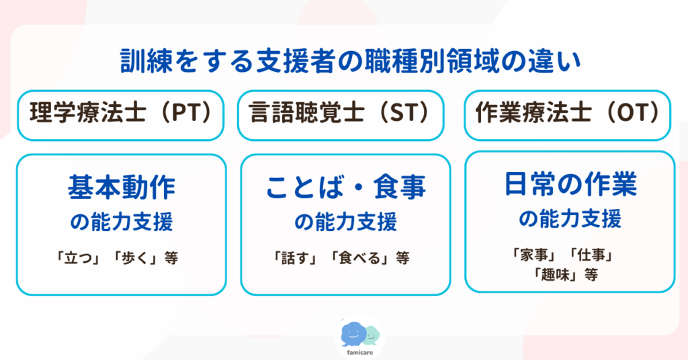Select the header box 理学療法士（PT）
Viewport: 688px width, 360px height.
(x=121, y=115)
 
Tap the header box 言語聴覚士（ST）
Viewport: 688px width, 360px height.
(x=344, y=115)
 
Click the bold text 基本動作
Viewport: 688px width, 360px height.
(x=121, y=188)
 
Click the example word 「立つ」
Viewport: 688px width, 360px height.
(x=80, y=258)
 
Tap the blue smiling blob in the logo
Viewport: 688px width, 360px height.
(x=353, y=332)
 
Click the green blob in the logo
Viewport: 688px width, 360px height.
(x=372, y=333)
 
